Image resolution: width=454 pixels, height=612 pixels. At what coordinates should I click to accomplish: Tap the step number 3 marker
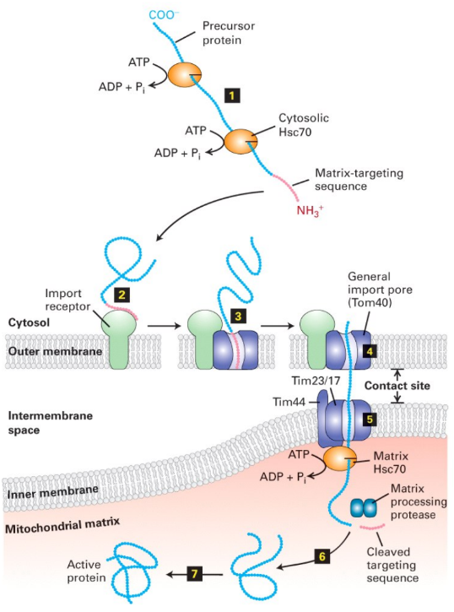(238, 316)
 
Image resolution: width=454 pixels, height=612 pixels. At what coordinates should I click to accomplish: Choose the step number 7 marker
(196, 574)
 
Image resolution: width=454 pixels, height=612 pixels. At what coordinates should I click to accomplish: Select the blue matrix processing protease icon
(362, 507)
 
